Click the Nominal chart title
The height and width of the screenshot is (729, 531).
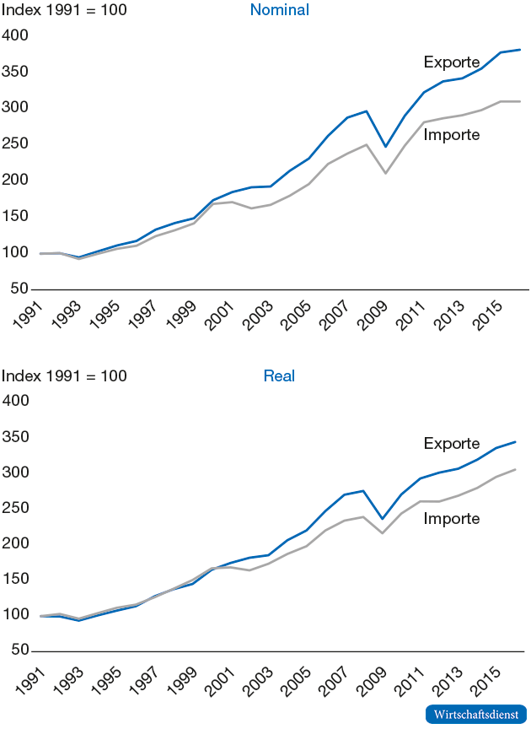click(279, 11)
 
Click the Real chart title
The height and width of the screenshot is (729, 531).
click(279, 375)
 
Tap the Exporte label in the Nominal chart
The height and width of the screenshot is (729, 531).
click(452, 62)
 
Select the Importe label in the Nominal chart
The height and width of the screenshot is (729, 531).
click(452, 135)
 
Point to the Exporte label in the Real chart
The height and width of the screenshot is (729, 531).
click(452, 444)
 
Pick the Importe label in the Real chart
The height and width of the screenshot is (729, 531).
click(452, 518)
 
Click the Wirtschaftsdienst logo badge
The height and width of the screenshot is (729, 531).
click(476, 714)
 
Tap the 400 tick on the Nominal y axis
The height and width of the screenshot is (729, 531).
click(15, 35)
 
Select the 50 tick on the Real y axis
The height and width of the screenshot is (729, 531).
click(19, 651)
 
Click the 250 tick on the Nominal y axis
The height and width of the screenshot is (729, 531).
click(15, 143)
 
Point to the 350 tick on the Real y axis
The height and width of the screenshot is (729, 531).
click(15, 437)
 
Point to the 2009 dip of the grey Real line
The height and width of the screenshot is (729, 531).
click(383, 532)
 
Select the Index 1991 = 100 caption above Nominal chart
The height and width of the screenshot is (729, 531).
click(63, 11)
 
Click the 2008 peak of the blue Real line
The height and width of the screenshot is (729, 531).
click(363, 491)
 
